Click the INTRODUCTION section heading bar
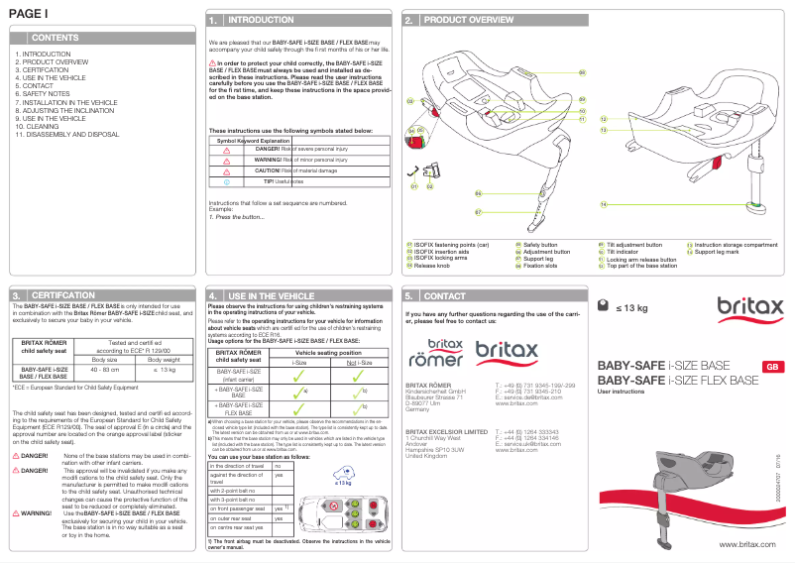coord(261,20)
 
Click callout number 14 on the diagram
coord(603,204)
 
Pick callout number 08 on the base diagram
coord(583,72)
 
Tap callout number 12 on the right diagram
coord(603,119)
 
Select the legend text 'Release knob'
coord(432,266)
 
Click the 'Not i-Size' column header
coord(344,363)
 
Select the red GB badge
coord(769,368)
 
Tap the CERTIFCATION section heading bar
coord(64,295)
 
